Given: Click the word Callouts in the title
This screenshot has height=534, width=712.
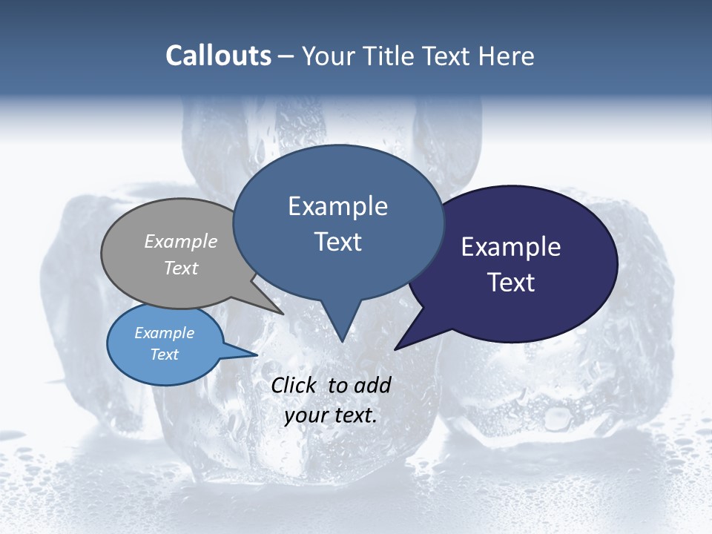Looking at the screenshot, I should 219,56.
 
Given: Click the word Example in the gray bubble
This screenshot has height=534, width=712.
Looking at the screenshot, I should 181,241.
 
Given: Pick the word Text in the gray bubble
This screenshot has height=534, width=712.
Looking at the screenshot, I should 181,268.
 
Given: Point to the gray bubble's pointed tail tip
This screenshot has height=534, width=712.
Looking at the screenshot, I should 283,314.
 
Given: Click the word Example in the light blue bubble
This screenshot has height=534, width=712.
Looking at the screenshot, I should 165,333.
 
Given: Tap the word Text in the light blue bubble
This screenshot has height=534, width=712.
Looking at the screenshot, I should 165,355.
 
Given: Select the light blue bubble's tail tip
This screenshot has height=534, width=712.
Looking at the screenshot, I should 257,355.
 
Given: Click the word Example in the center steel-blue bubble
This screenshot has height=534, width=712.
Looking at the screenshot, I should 338,206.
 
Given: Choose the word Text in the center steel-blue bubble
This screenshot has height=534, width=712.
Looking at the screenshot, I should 338,242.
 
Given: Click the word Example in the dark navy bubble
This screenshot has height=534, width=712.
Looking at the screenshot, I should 511,247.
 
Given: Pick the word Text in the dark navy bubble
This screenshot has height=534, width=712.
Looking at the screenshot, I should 511,283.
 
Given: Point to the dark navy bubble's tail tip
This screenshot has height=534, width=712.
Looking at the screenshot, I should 395,349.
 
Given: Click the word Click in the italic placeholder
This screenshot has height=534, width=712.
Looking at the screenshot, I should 294,385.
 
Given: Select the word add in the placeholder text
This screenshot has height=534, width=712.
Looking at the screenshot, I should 372,385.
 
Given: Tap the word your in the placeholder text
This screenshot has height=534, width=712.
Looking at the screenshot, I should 306,416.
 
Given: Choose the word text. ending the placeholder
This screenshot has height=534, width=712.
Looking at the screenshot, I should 354,416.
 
